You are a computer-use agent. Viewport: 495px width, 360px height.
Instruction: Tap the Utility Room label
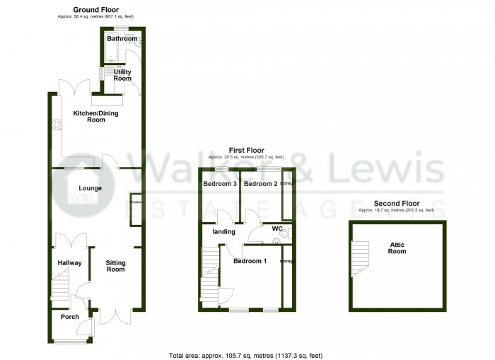pos(122,75)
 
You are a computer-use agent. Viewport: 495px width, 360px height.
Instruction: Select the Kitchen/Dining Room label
pos(91,117)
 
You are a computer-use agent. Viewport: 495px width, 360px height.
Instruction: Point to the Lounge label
pos(91,188)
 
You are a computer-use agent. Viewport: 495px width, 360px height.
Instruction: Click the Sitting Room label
pos(115,266)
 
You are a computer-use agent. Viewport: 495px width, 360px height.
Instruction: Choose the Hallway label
pos(70,263)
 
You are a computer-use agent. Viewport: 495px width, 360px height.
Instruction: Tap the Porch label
pos(69,317)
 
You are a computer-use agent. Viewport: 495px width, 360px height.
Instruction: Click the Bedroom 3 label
pos(219,184)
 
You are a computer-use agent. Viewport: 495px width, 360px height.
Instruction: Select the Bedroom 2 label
pos(260,184)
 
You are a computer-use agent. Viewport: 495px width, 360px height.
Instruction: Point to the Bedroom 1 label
pos(250,262)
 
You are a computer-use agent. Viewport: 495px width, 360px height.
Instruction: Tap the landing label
pos(223,231)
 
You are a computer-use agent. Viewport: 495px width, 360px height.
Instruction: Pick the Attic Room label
pos(397,248)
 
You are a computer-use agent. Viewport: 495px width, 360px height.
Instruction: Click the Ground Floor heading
pos(95,9)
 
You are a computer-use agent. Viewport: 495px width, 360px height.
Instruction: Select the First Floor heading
pos(246,151)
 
